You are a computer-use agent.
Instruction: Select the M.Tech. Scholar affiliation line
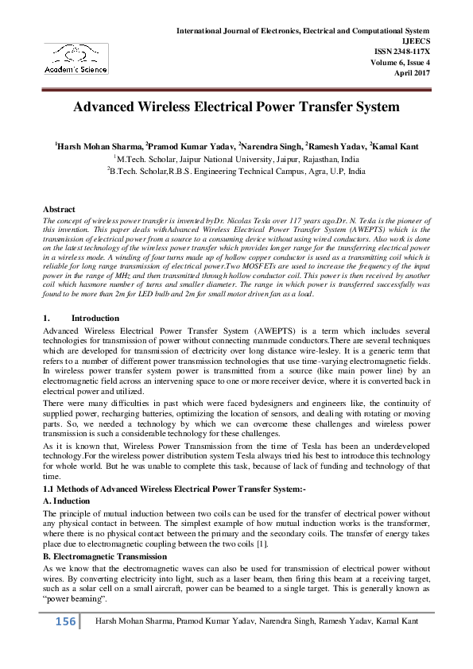[x=236, y=159]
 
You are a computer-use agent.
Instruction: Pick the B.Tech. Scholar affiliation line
[x=236, y=171]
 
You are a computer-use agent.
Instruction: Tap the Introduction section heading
[x=95, y=318]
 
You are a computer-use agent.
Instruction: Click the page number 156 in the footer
[x=63, y=621]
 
